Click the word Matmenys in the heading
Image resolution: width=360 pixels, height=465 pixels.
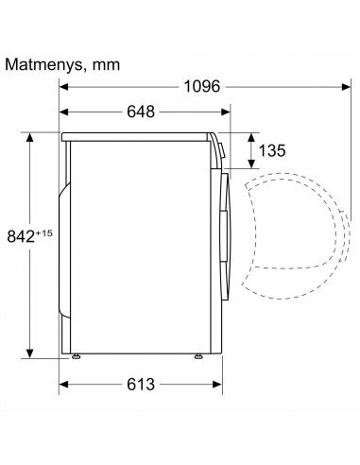click(43, 65)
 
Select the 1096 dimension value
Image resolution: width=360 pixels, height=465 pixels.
click(201, 86)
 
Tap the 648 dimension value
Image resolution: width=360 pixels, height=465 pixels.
click(141, 112)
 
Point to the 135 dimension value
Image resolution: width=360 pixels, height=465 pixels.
click(272, 150)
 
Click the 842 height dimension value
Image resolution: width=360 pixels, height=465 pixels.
click(21, 236)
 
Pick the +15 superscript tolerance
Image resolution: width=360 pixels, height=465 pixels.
click(43, 233)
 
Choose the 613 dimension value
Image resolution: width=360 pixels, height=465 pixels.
click(141, 385)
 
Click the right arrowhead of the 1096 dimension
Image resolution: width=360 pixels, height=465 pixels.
click(346, 87)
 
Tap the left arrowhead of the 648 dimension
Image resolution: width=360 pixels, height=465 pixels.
click(64, 112)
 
